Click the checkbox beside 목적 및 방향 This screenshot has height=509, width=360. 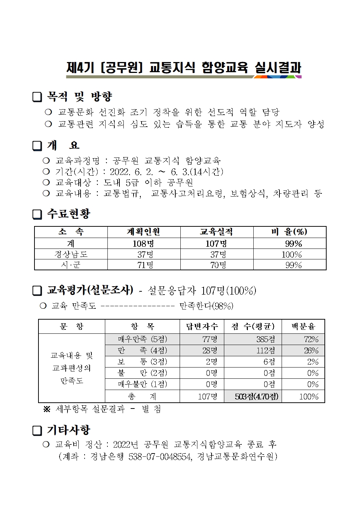tap(37, 97)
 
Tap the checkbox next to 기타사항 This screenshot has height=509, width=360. tap(37, 431)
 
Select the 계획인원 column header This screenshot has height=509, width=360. tap(144, 232)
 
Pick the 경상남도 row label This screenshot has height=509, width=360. tap(71, 254)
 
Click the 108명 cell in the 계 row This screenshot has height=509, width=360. tap(144, 243)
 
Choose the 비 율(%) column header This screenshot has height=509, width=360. tap(289, 232)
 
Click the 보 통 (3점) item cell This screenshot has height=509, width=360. tap(142, 362)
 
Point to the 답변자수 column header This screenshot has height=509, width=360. tap(202, 327)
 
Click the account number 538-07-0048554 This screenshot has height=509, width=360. tap(160, 456)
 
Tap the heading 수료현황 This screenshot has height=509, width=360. tap(69, 214)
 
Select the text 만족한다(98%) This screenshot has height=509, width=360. tap(206, 306)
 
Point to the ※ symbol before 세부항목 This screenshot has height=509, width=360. tap(47, 409)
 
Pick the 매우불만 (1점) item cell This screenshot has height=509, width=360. tap(142, 384)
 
